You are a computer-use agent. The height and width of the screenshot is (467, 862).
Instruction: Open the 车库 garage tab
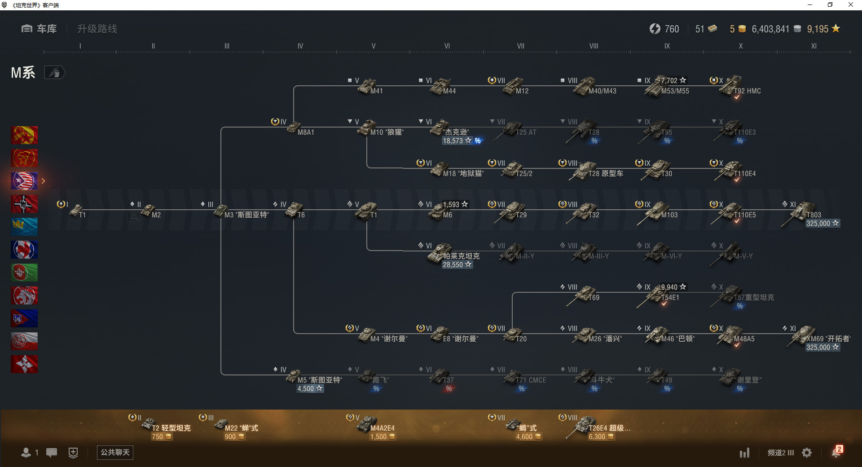click(40, 29)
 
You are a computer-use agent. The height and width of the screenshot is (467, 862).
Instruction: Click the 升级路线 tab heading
click(97, 29)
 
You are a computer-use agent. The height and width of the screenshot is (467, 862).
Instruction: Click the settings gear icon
click(807, 453)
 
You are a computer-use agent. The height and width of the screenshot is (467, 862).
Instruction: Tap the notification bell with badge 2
click(836, 452)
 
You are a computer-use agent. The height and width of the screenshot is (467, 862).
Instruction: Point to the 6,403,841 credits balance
click(770, 29)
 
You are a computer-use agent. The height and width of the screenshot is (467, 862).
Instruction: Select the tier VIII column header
click(594, 46)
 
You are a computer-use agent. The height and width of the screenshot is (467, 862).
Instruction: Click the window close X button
click(850, 5)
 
